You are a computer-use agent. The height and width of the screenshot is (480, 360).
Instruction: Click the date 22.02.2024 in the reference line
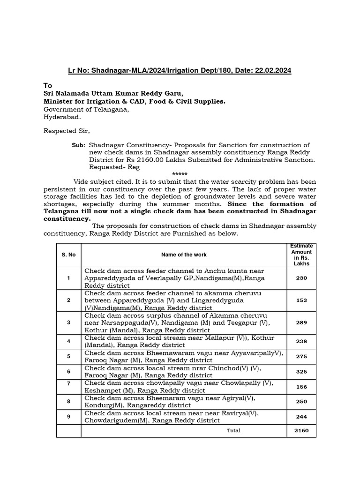click(x=273, y=70)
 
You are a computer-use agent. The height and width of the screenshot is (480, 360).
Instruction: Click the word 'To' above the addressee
click(x=48, y=85)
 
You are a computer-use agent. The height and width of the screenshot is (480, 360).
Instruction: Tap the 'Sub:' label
click(x=78, y=146)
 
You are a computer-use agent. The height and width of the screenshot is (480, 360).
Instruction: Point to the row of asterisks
click(x=180, y=174)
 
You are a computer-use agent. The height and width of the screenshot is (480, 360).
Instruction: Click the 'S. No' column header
click(x=68, y=255)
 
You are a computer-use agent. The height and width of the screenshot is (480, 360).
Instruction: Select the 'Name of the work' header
click(x=184, y=255)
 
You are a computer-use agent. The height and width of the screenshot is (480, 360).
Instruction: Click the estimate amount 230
click(x=301, y=278)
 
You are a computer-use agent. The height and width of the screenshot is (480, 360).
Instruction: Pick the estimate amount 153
click(x=301, y=300)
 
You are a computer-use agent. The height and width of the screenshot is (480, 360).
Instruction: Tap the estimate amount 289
click(x=301, y=322)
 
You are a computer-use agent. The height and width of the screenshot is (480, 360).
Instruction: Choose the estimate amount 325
click(x=301, y=372)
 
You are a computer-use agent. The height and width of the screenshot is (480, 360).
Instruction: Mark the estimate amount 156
click(x=301, y=387)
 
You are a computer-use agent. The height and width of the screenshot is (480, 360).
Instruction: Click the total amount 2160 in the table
click(x=301, y=430)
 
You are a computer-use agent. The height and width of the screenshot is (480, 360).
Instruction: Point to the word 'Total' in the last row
click(x=233, y=430)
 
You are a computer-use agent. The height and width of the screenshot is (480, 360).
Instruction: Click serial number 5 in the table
click(x=68, y=356)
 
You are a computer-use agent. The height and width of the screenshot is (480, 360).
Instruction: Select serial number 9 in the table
click(x=68, y=417)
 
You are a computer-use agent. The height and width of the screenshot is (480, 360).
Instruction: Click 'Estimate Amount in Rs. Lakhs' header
click(x=301, y=255)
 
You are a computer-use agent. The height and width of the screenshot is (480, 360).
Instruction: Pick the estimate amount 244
click(x=301, y=417)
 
